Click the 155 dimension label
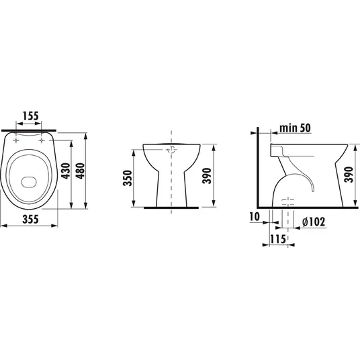point(31,116)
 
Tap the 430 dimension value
point(66,171)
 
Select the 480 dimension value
point(81,171)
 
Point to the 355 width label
point(30,219)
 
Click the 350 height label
point(128,178)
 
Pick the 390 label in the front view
point(207,176)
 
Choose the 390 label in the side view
point(349,175)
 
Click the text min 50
point(295,128)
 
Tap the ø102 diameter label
point(314,222)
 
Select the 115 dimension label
point(278,239)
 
